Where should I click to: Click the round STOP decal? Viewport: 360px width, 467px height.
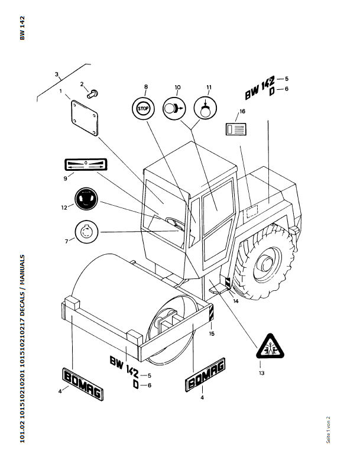click(x=143, y=108)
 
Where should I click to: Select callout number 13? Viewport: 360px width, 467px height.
click(x=261, y=373)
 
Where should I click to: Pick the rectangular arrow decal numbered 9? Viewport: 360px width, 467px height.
click(x=85, y=164)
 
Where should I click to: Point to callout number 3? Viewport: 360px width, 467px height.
click(x=57, y=74)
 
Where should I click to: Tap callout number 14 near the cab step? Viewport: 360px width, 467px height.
click(x=235, y=301)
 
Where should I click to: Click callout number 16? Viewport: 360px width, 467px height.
click(x=242, y=111)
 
